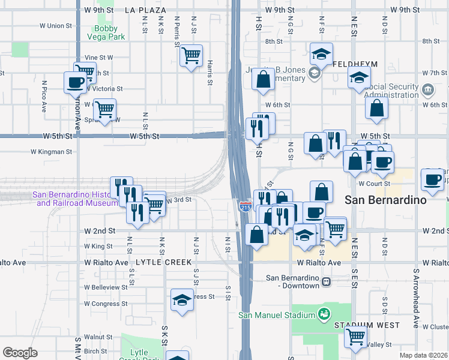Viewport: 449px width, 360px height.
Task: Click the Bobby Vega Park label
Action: pos(109,32)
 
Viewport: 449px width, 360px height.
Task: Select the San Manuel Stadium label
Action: pos(277,315)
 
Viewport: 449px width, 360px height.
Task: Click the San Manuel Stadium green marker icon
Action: pos(324,314)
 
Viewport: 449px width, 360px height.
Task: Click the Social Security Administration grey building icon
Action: pos(427,90)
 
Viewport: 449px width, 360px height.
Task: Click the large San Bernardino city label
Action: pos(385,199)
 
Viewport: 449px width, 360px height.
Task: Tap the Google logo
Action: pos(19,353)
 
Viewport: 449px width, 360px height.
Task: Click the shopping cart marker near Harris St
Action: pos(191,56)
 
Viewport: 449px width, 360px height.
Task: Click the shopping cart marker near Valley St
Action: pos(356,337)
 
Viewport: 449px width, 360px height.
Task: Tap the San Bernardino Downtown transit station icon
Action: pos(326,281)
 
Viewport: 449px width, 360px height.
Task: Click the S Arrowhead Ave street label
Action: pos(415,297)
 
